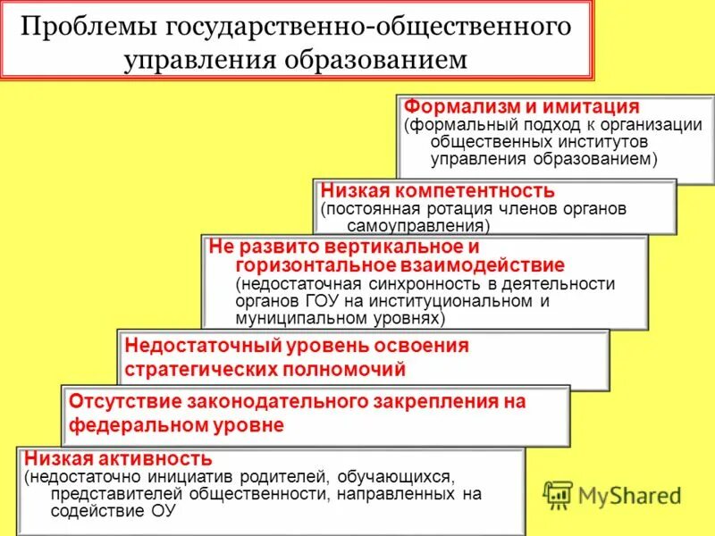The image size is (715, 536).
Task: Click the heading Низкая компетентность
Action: coord(438,190)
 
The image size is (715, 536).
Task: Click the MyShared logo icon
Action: coord(559,494)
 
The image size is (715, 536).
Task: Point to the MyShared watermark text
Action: coord(630,495)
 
